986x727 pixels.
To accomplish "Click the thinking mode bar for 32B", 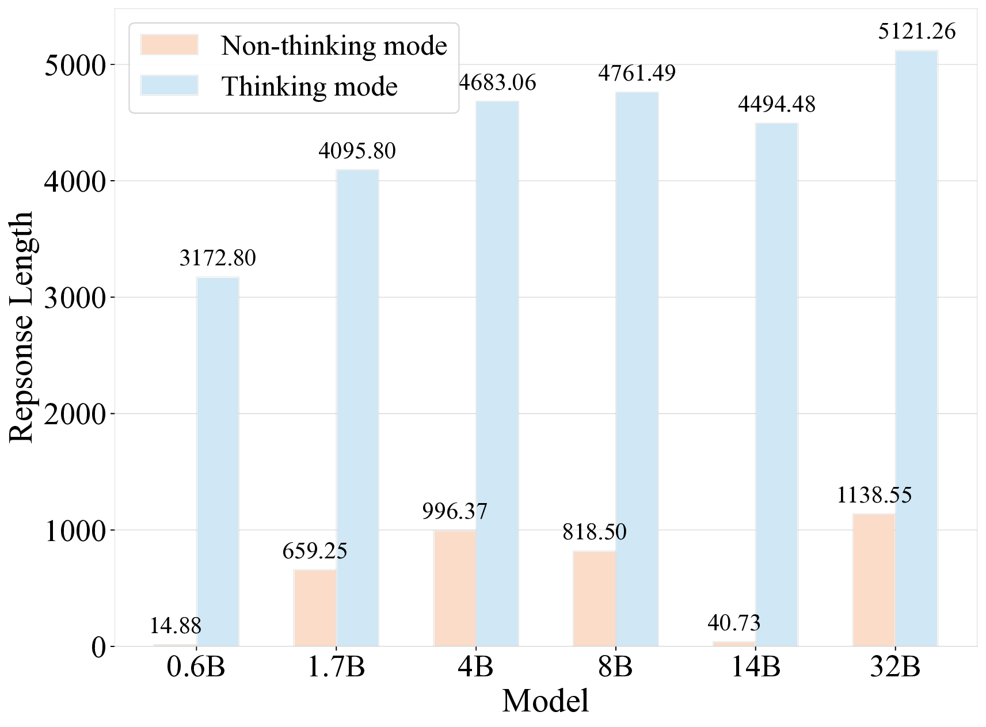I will tap(916, 348).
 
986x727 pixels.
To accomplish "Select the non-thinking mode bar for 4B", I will tap(455, 588).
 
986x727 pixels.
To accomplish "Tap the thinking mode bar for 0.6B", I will tap(218, 462).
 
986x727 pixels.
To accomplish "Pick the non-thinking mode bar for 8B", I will tap(594, 599).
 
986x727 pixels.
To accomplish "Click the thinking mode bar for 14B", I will tap(776, 385).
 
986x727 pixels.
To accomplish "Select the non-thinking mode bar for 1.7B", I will tap(315, 608).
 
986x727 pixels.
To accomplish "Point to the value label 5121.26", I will tap(916, 31).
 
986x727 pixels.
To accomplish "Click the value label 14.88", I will tap(175, 626).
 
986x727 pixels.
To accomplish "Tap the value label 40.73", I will tap(734, 623).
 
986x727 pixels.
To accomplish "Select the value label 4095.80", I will tap(357, 151).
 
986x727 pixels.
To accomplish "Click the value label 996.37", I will tap(455, 511).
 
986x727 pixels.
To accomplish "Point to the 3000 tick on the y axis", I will tap(75, 298).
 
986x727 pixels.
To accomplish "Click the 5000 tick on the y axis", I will tap(75, 65).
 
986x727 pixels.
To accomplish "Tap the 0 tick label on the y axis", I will tap(98, 647).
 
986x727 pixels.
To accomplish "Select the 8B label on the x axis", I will tap(615, 667).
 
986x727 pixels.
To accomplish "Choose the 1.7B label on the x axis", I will tap(336, 667).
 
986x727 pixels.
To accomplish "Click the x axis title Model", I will tap(545, 701).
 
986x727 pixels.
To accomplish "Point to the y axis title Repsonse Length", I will tap(22, 327).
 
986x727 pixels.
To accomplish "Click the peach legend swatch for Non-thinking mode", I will tap(169, 45).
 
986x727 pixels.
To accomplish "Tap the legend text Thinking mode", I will tap(310, 87).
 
